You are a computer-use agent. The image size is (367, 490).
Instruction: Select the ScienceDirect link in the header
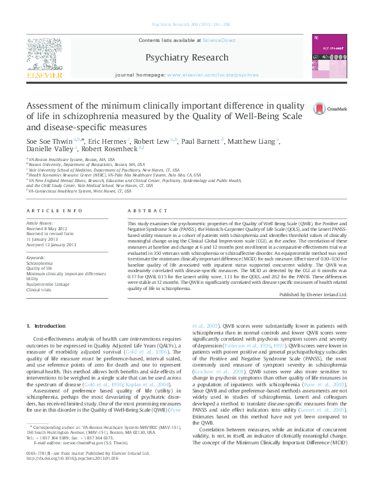pyautogui.click(x=220, y=40)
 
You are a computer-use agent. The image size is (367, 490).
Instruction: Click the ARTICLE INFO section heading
pyautogui.click(x=47, y=210)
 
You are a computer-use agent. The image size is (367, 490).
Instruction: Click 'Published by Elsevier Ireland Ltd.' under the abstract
pyautogui.click(x=313, y=295)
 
